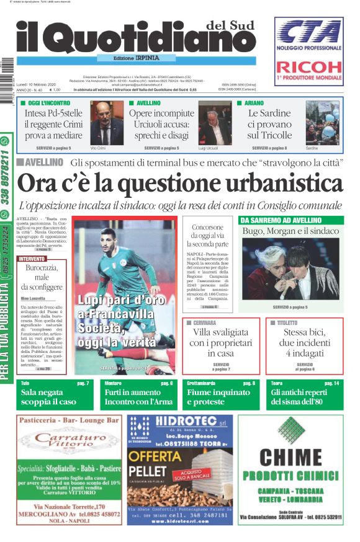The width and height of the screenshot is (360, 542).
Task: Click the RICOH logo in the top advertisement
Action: [308, 67]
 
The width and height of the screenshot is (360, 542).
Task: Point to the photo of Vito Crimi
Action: [107, 123]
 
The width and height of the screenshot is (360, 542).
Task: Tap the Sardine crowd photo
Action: [322, 123]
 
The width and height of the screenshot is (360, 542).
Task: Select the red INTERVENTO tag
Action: [32, 258]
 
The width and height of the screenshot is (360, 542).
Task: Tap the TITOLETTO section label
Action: [284, 323]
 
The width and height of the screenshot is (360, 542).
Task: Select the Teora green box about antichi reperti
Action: [305, 395]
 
